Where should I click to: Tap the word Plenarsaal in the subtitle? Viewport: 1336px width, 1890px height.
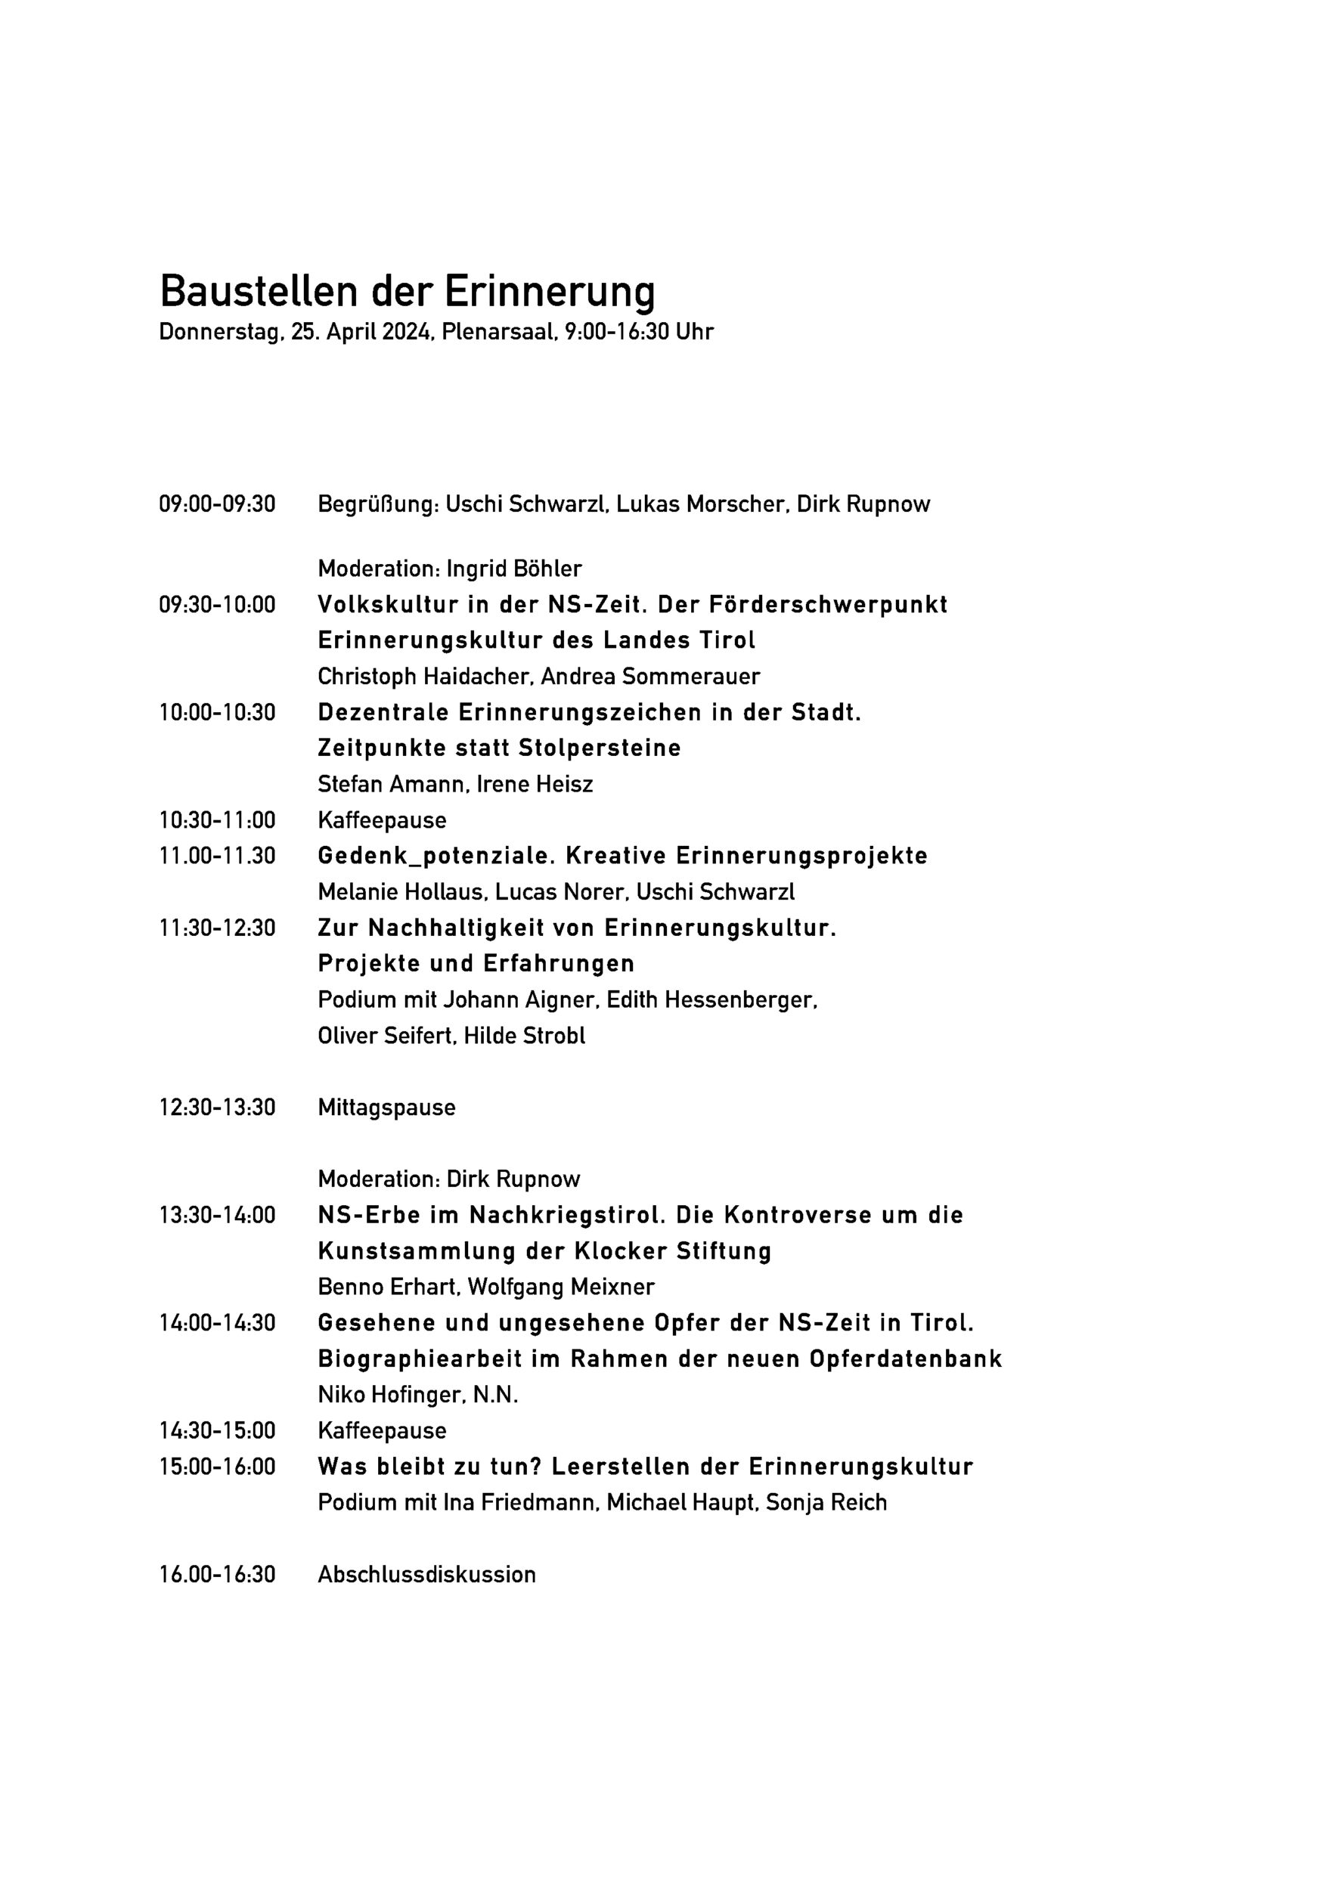[x=499, y=332]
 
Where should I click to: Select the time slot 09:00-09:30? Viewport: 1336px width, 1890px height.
[x=217, y=503]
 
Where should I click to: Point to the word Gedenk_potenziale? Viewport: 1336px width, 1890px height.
[x=425, y=856]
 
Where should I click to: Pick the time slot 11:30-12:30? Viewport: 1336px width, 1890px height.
[x=217, y=928]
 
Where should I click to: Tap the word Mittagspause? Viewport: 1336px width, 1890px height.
[x=386, y=1108]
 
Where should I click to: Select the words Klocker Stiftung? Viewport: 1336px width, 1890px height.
[x=672, y=1251]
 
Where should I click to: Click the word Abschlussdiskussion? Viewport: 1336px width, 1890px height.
[x=426, y=1575]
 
